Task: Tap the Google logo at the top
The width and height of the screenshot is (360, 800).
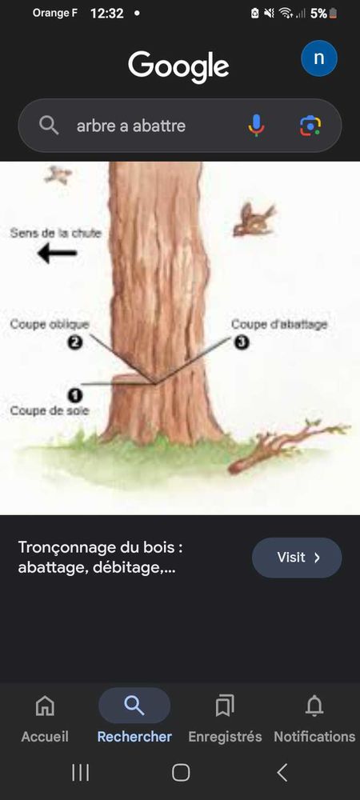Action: click(x=178, y=66)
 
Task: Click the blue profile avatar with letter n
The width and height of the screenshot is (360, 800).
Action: click(x=318, y=58)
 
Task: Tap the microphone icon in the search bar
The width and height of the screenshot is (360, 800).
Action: click(x=256, y=125)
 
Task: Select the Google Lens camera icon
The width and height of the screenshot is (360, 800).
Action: click(x=310, y=126)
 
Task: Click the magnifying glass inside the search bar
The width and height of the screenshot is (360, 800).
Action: click(x=49, y=126)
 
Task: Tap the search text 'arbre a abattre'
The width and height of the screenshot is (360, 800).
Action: click(x=131, y=126)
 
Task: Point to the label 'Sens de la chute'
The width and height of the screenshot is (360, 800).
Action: click(x=56, y=233)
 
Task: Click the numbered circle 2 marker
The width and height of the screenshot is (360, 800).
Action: click(x=74, y=342)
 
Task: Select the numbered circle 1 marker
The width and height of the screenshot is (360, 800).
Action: click(x=74, y=394)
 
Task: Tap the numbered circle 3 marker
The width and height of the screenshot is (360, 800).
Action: click(x=241, y=342)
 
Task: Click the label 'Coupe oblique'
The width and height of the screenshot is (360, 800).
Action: click(x=50, y=325)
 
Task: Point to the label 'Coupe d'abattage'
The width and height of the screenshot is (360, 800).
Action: click(x=279, y=325)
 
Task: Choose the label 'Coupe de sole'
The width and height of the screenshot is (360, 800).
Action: click(x=50, y=410)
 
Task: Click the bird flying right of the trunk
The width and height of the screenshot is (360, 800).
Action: click(x=254, y=220)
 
